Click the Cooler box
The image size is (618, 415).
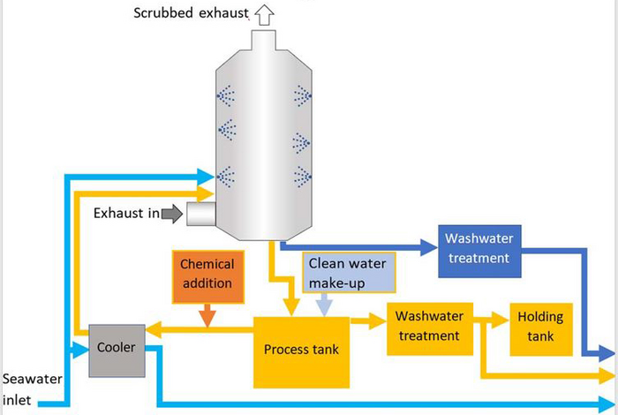(117, 349)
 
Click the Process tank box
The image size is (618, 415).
(300, 351)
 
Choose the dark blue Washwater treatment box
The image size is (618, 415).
(477, 248)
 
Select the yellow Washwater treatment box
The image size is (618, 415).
(429, 327)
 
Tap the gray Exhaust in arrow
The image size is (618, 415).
(173, 213)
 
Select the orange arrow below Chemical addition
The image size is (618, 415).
(207, 312)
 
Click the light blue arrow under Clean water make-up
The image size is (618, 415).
(324, 305)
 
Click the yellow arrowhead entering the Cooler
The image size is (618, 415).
(152, 329)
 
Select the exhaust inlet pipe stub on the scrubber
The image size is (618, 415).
(202, 213)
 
